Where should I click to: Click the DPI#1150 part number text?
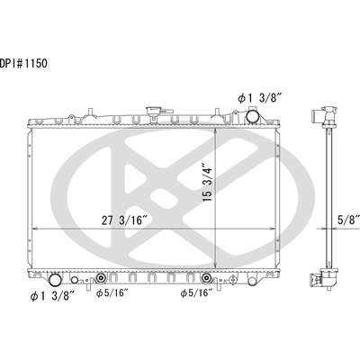[x=23, y=64]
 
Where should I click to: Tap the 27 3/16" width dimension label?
[x=124, y=220]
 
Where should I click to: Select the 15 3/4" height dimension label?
[x=208, y=182]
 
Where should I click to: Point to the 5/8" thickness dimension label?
[x=348, y=220]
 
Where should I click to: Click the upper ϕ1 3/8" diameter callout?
[x=260, y=98]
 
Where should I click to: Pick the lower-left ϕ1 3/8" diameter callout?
[x=52, y=296]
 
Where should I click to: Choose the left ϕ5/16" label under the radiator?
[x=112, y=293]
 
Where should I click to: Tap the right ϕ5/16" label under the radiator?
[x=196, y=293]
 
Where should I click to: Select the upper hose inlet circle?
[x=253, y=116]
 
